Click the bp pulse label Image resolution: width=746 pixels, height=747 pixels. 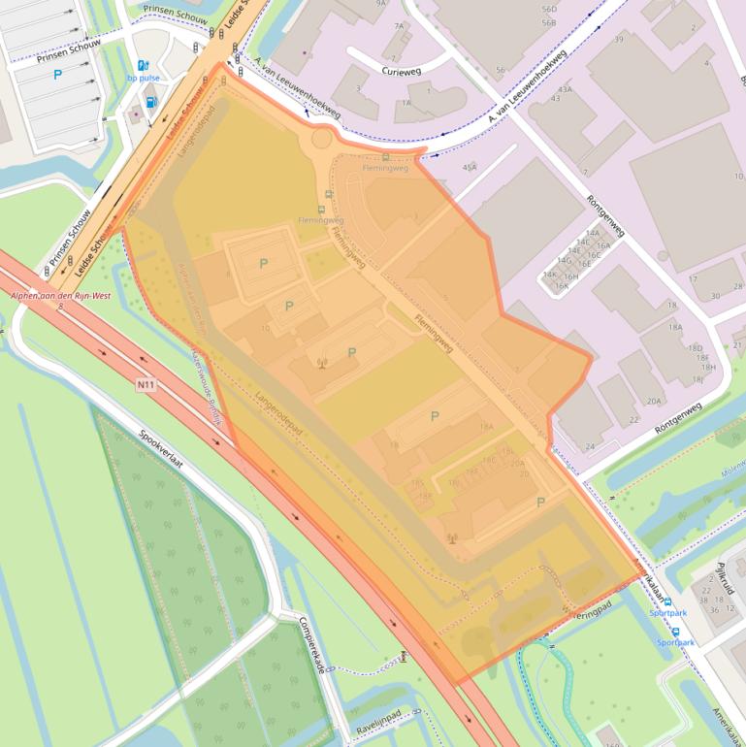point(144,80)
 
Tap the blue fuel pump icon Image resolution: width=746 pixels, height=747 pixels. point(150,101)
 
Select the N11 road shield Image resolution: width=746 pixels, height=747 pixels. point(146,385)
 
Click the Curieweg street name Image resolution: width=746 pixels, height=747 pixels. point(403,70)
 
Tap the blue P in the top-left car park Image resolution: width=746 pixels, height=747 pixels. point(57,74)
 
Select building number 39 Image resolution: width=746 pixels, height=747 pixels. point(618,39)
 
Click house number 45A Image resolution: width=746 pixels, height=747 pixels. point(470,167)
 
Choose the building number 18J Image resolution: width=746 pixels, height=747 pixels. point(697,378)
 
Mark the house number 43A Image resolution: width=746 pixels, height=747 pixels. point(565,89)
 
